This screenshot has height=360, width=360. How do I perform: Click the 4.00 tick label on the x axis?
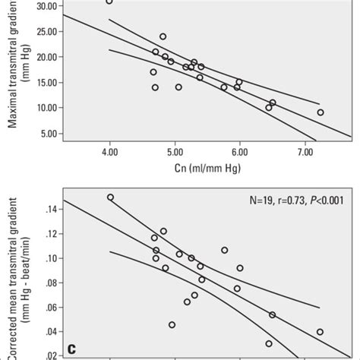[109, 153]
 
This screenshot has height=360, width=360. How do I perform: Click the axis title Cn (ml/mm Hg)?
[207, 170]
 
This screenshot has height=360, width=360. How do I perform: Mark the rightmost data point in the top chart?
[320, 112]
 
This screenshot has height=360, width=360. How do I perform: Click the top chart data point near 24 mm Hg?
[163, 36]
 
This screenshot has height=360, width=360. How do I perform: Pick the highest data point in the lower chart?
[110, 197]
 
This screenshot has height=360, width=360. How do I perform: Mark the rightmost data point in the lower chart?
[320, 332]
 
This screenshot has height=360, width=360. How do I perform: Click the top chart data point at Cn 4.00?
[109, 2]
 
